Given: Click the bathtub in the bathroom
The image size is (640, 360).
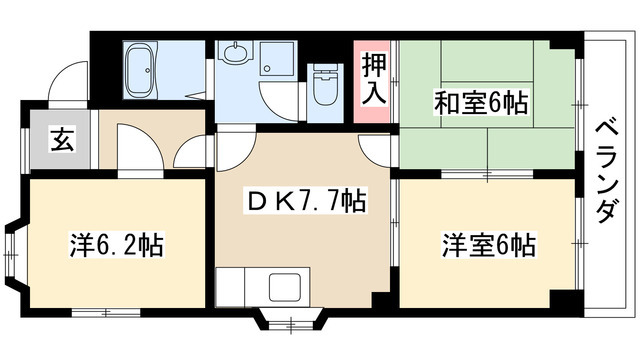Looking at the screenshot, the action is [x=140, y=69].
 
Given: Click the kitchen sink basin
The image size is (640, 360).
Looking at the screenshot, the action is [x=285, y=287].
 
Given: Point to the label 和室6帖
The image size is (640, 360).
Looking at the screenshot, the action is [x=481, y=103].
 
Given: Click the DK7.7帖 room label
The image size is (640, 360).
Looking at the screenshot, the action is [x=305, y=201].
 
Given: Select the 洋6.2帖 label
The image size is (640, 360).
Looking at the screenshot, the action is [x=116, y=244].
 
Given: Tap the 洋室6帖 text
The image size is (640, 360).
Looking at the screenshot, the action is [x=488, y=245].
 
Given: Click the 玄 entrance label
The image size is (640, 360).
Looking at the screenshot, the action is [x=63, y=139].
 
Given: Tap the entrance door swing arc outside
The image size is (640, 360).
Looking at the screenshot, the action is [x=68, y=80].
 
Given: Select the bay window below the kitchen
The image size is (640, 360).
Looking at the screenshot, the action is [x=291, y=320].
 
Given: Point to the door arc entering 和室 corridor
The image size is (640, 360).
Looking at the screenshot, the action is [x=373, y=151].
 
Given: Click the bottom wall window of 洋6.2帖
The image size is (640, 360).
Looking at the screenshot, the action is [x=106, y=313].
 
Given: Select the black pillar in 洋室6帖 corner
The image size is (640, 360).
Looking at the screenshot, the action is [x=565, y=300].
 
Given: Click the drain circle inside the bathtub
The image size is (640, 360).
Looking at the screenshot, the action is [x=148, y=70].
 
